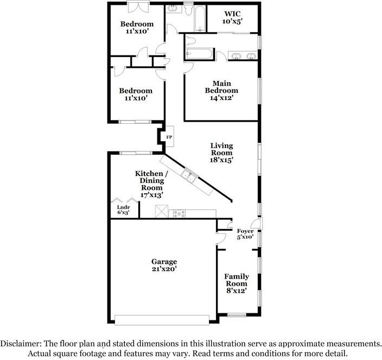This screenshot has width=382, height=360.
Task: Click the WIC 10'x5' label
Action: point(232,17)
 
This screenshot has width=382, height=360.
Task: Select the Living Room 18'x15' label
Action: point(221,153)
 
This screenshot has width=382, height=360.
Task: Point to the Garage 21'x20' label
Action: point(164,265)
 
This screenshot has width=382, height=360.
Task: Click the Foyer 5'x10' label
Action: point(245,234)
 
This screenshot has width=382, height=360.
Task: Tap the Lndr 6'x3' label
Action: point(123,210)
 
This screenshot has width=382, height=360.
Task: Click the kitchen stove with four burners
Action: point(179,213)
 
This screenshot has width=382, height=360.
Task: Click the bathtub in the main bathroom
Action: point(200,54)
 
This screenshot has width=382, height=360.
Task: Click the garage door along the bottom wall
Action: point(162,319)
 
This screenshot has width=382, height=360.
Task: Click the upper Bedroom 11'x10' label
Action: point(137,28)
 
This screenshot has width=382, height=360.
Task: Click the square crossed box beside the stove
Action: point(161,212)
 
